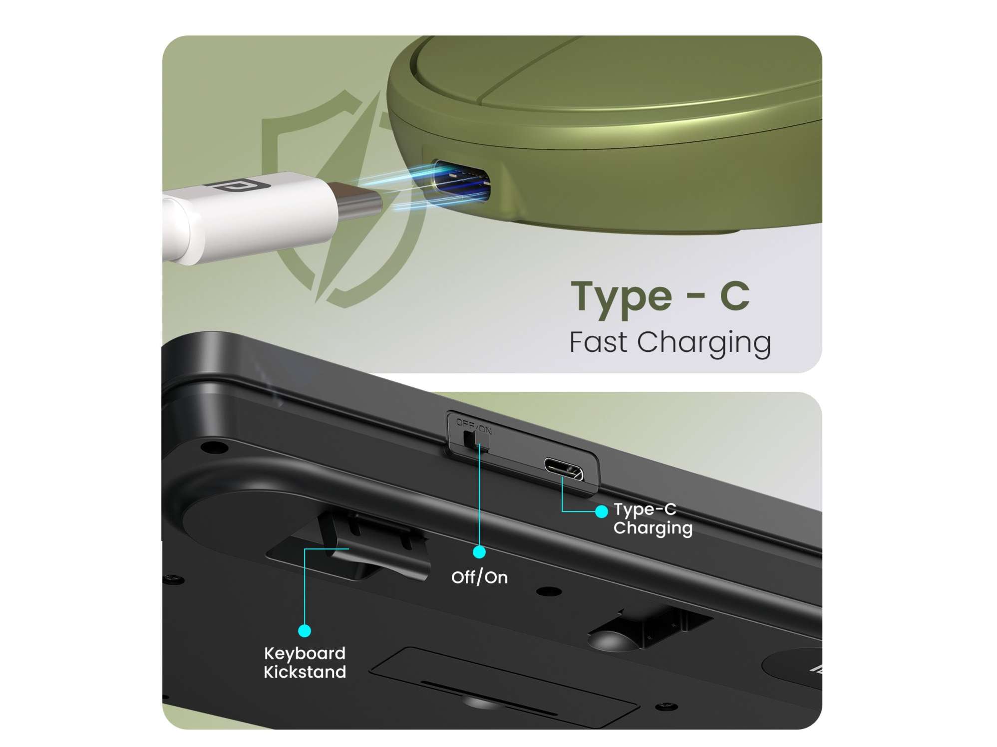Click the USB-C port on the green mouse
tap(461, 182)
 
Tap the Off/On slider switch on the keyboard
tap(476, 441)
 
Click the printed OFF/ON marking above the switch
tap(473, 426)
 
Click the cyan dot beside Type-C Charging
tap(602, 511)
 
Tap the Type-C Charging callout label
tap(653, 518)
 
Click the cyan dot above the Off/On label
tap(479, 552)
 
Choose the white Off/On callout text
tap(479, 577)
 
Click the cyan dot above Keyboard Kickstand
tap(305, 631)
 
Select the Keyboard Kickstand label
tap(305, 663)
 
